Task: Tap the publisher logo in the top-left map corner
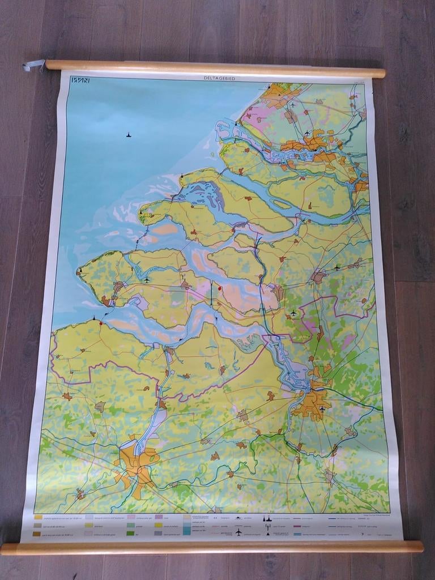tap(80, 80)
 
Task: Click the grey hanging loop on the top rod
tap(33, 66)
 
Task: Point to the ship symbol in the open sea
tap(129, 135)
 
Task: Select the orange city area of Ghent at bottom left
tap(135, 464)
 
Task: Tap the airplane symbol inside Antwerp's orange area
tap(322, 408)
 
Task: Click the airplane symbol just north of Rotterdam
tap(307, 133)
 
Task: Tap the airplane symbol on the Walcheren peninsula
tap(147, 280)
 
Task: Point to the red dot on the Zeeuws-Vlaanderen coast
tap(101, 324)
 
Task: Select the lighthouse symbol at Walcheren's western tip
tap(80, 270)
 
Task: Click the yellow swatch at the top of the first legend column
tap(38, 517)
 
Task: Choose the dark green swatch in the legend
tap(131, 534)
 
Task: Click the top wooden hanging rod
tap(215, 69)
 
